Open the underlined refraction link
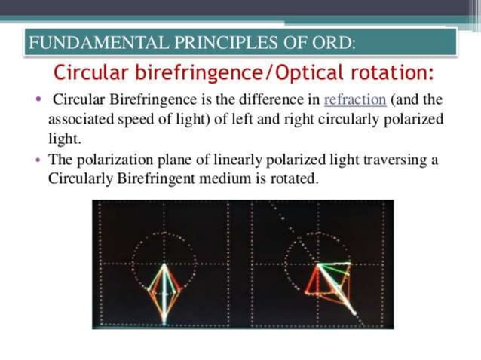tap(354, 100)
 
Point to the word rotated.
tap(295, 179)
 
